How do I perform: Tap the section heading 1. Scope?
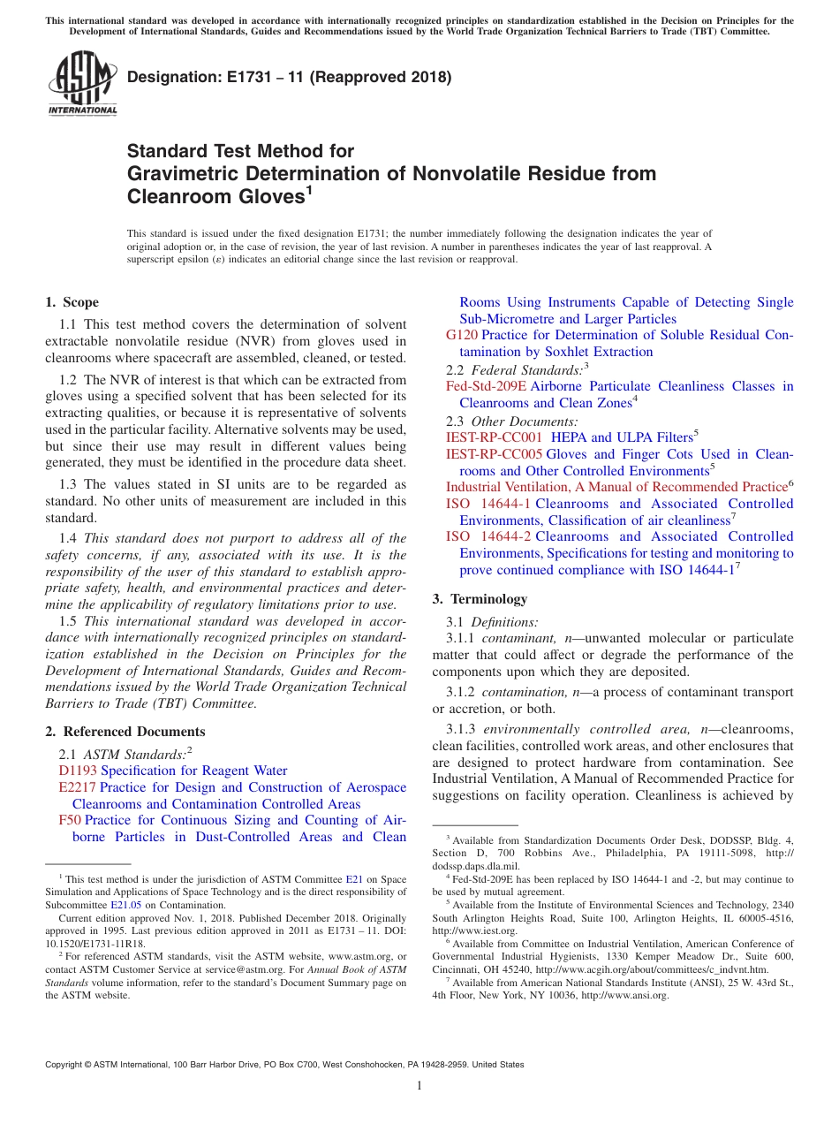72,302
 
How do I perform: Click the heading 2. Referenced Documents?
125,732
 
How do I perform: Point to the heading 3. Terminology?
480,599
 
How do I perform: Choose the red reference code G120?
462,335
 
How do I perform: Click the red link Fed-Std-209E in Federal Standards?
486,386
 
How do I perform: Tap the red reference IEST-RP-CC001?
494,437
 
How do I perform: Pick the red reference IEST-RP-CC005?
494,454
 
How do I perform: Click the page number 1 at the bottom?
419,1086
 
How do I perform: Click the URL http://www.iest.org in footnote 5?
472,931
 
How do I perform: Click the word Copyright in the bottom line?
64,1065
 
